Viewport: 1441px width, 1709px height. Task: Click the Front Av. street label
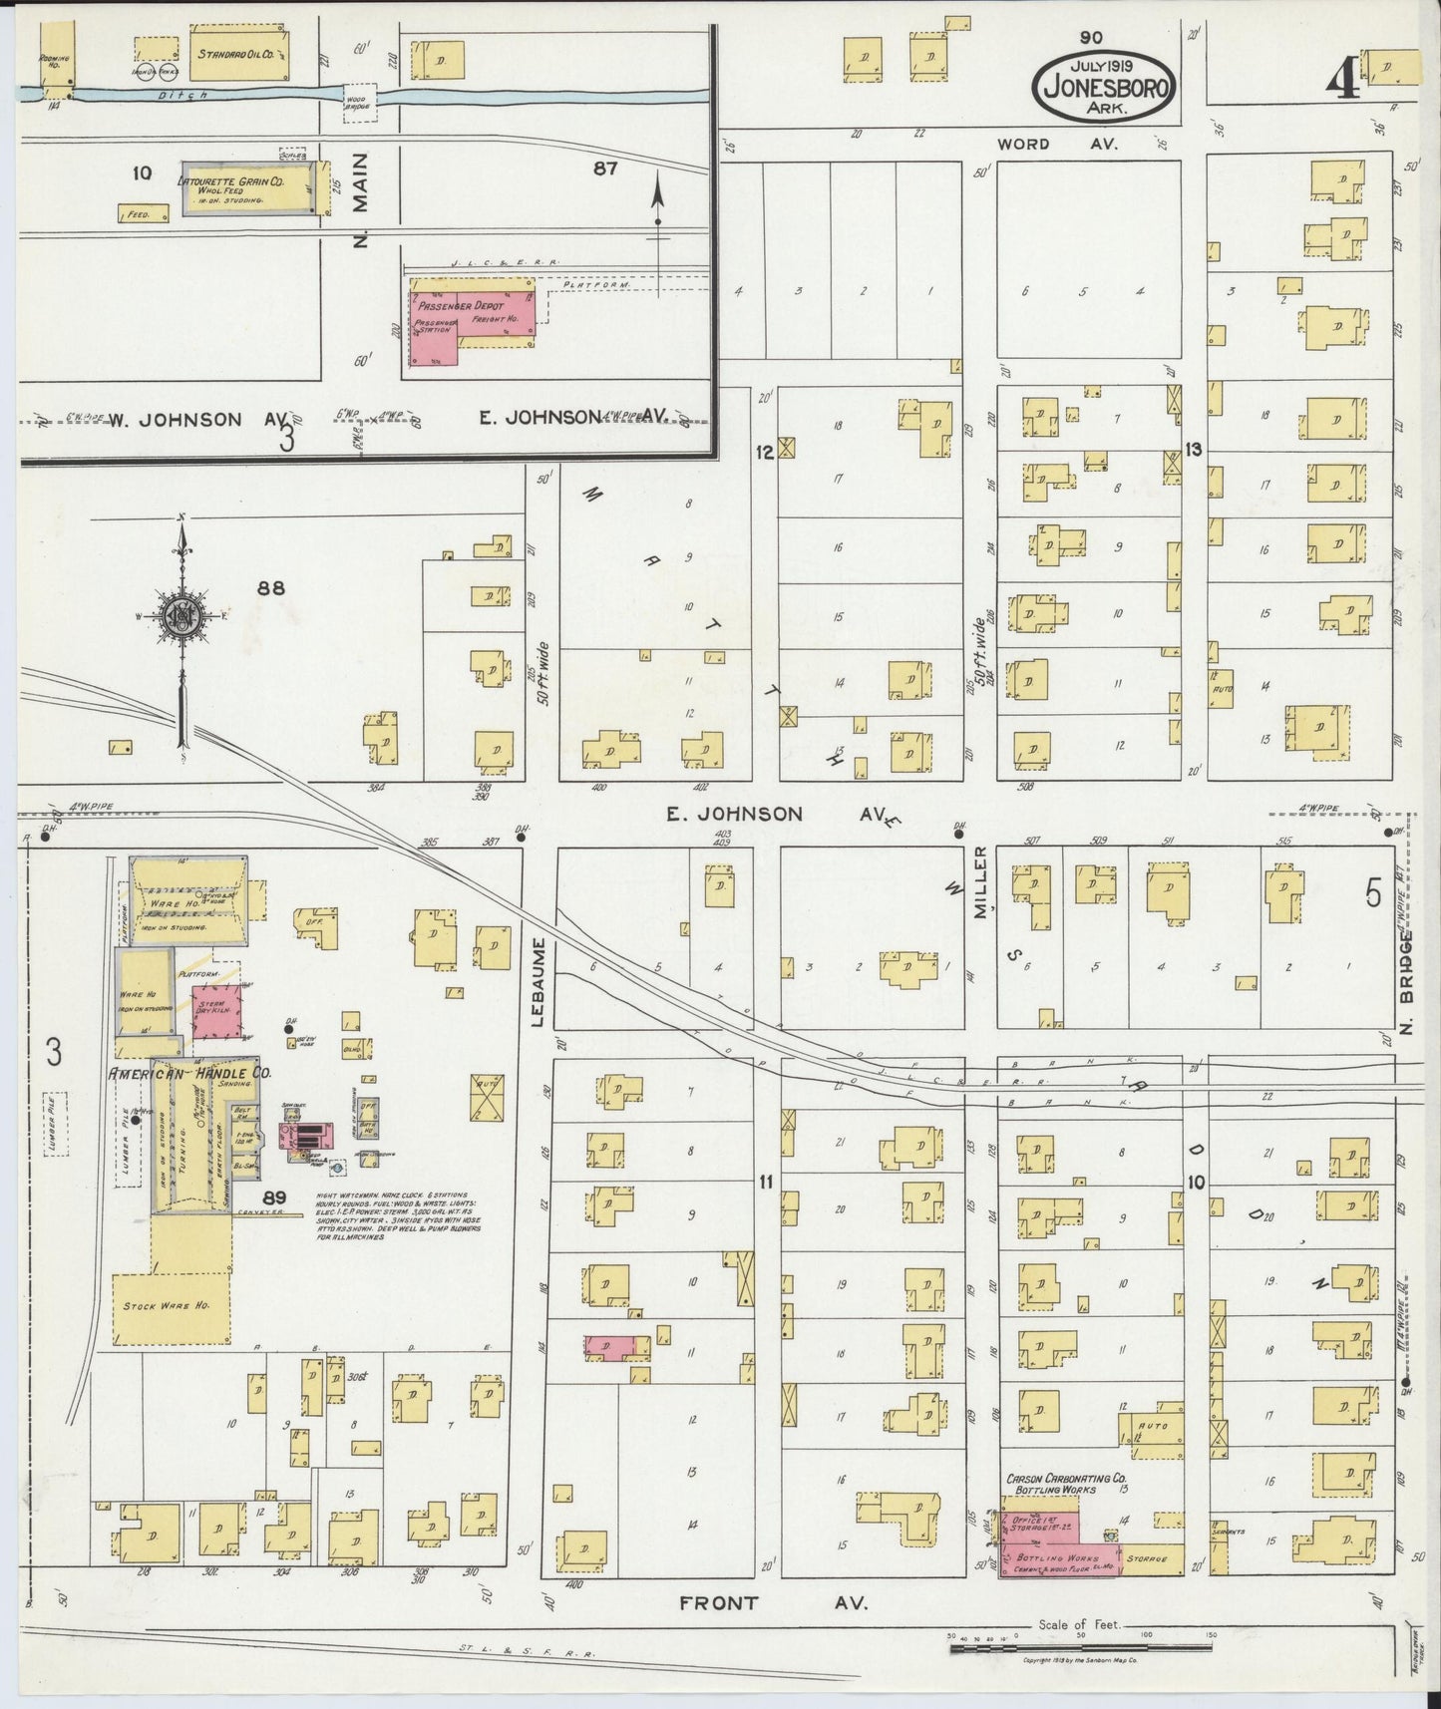(x=774, y=1603)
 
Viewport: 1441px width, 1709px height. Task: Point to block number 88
(x=270, y=588)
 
